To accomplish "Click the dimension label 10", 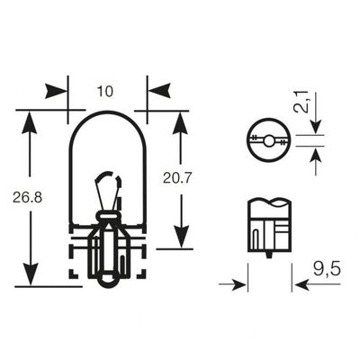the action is coord(105,91).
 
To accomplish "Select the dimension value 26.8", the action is coord(28,198).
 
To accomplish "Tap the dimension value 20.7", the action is coord(177,179).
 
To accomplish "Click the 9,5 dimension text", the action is coord(327,270).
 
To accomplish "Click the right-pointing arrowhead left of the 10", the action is coord(56,91).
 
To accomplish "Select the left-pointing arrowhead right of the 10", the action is coord(159,90).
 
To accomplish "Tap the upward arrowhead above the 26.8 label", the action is coord(30,122).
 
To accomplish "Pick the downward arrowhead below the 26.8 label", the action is coord(31,274).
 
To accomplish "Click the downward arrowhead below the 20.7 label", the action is coord(182,237).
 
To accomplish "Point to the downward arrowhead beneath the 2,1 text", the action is coord(316,127).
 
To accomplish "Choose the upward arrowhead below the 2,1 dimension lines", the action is coord(316,156).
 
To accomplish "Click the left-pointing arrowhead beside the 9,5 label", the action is coord(302,284).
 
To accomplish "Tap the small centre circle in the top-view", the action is coord(268,140).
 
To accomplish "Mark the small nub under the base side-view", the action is coord(269,255).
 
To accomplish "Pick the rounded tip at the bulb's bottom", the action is coord(107,281).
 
